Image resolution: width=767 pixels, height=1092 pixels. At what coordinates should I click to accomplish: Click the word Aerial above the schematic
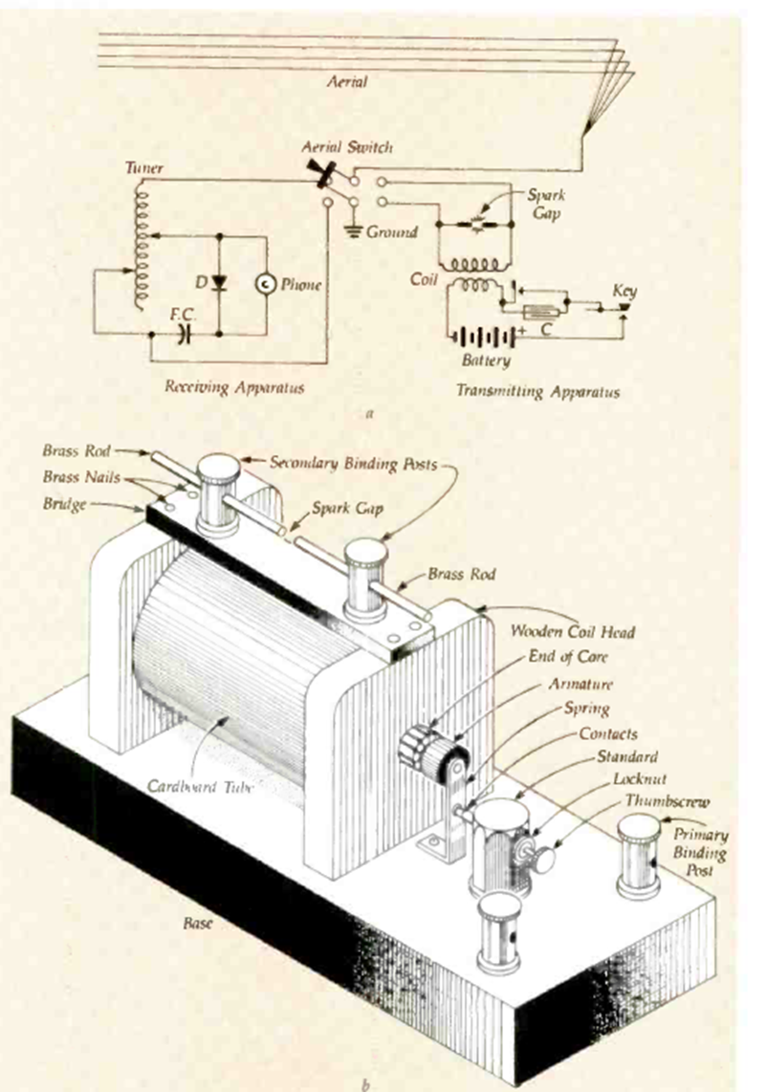point(345,82)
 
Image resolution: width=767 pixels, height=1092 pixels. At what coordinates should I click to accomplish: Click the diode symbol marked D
point(218,283)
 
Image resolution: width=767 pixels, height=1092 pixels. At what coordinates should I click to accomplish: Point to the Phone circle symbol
point(264,284)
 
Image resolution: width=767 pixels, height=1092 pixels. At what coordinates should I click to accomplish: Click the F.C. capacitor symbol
point(185,334)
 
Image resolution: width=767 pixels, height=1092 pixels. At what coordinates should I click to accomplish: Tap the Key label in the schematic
point(625,291)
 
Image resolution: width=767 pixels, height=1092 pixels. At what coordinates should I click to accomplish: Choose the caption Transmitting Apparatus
point(537,391)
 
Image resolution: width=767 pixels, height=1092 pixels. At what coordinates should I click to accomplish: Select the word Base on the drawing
point(199,925)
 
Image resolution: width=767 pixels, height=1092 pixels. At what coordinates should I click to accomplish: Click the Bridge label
point(65,499)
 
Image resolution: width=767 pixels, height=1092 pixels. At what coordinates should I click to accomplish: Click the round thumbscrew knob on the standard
point(544,859)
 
